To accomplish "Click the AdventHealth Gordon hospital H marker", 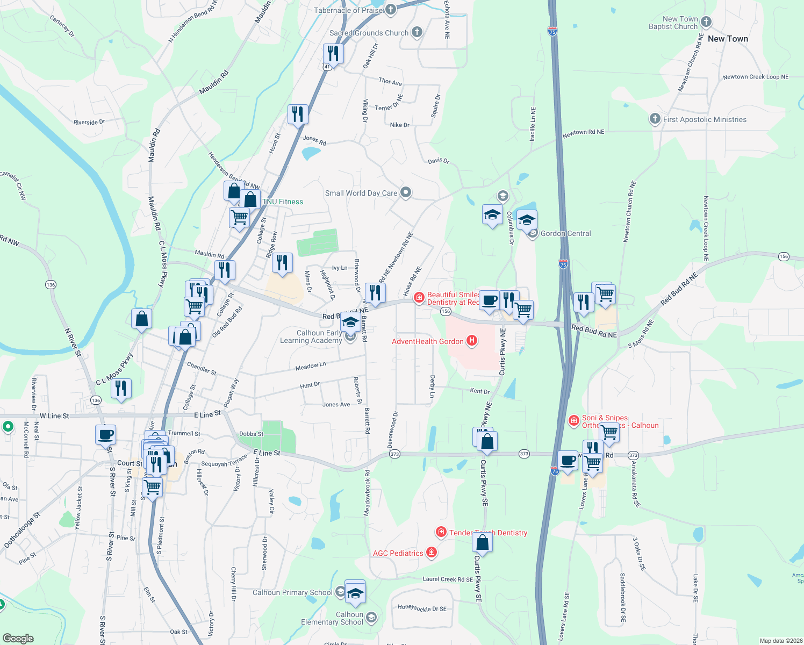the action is click(x=472, y=340).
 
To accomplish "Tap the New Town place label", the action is click(x=728, y=39).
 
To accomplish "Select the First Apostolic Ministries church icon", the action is click(x=655, y=119).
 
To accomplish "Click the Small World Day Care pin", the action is click(x=406, y=192).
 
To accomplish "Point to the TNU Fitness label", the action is click(x=283, y=202).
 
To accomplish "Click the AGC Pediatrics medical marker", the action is click(x=431, y=552).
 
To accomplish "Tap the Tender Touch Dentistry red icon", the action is click(x=441, y=532).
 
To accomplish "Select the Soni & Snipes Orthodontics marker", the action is click(x=573, y=420).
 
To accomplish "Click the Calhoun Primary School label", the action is click(x=292, y=592).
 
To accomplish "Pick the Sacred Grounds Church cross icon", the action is click(x=417, y=32).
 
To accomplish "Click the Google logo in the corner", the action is click(x=18, y=638).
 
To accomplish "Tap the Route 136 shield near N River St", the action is click(x=51, y=284).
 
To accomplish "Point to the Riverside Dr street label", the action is click(x=89, y=122).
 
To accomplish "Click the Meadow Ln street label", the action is click(x=311, y=366).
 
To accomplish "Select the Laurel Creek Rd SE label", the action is click(x=448, y=579).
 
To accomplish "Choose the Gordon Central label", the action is click(x=565, y=233).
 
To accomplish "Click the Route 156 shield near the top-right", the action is click(x=784, y=256).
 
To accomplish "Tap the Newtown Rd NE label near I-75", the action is click(x=583, y=132).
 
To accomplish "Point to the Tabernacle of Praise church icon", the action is click(x=391, y=9).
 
